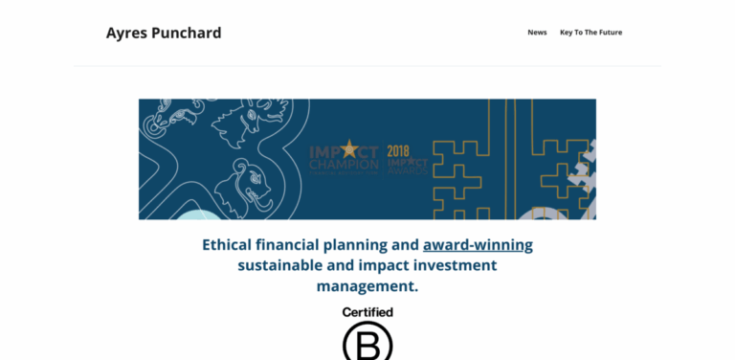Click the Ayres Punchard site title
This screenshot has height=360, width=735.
coord(164,33)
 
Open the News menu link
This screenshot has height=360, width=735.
coord(537,33)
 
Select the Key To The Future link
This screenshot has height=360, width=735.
coord(590,33)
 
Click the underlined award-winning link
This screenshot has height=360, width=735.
coord(478,244)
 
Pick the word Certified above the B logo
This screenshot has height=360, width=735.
coord(367,312)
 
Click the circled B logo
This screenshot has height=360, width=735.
coord(367,342)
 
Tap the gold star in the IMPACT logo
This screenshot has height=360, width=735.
coord(348,148)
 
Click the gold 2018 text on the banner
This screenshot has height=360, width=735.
coord(399,149)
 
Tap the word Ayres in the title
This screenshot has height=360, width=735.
coord(125,33)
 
